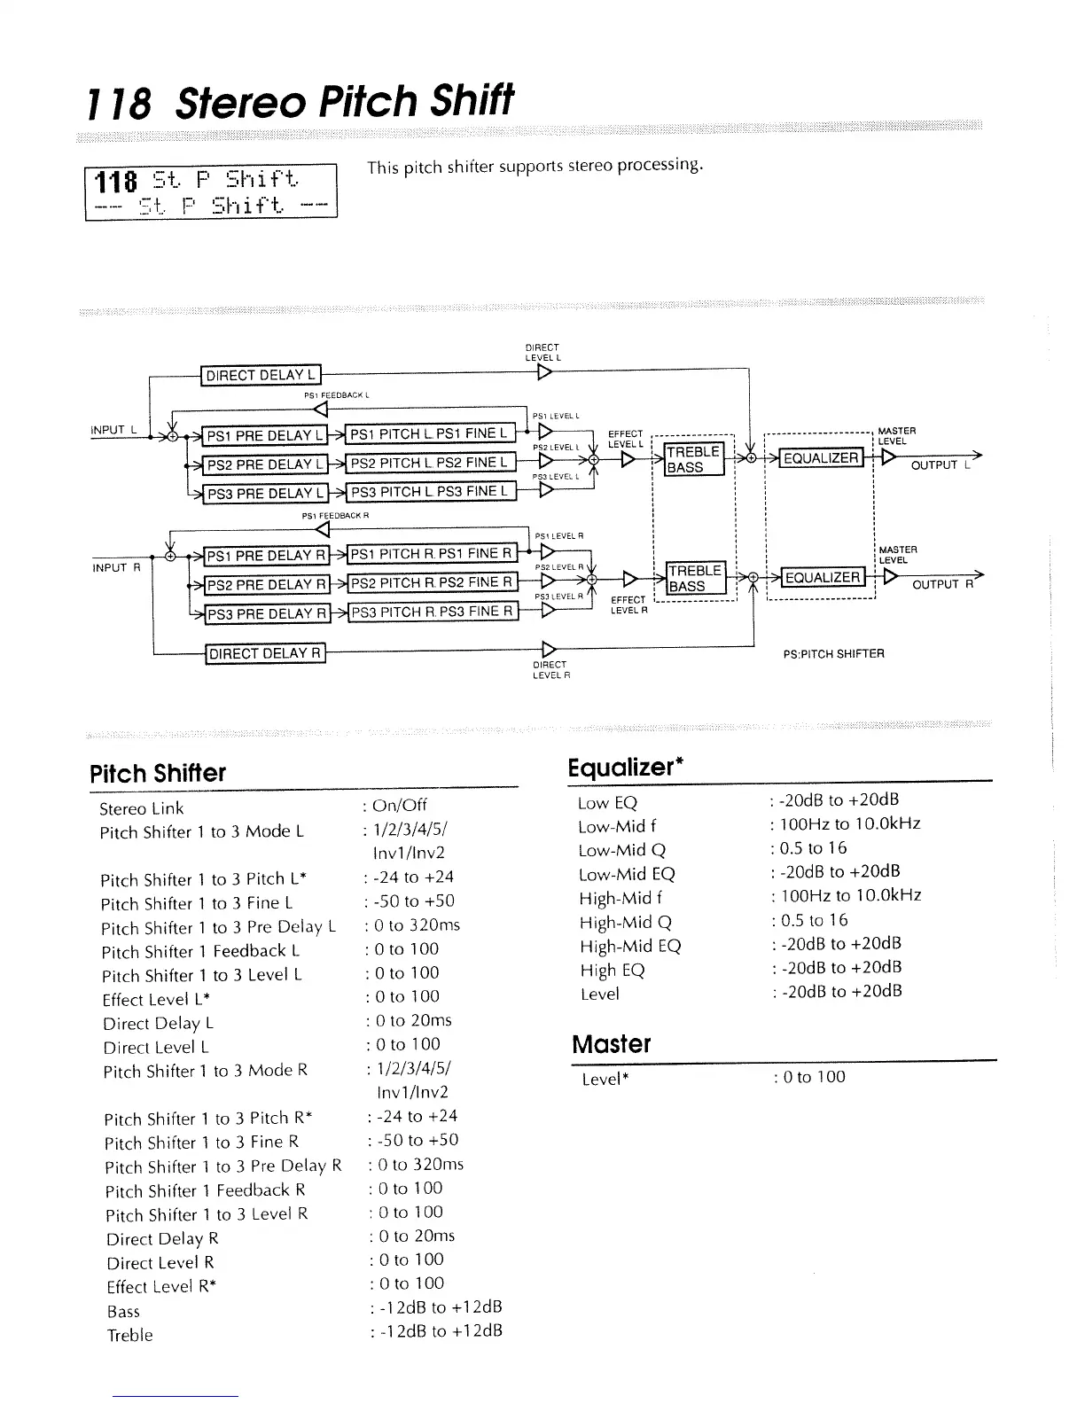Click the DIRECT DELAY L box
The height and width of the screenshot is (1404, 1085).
tap(261, 375)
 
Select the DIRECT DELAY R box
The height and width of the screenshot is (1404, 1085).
tap(265, 654)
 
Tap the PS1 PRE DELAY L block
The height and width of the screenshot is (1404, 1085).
tap(264, 435)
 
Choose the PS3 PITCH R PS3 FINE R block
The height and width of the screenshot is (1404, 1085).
tap(433, 612)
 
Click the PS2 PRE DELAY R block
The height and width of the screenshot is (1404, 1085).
tap(266, 585)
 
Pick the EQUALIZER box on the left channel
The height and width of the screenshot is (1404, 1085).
tap(821, 458)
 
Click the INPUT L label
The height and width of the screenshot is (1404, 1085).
tap(113, 430)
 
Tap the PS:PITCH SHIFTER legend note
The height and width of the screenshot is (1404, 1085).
tap(833, 654)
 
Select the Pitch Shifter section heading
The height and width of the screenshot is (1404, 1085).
tap(158, 773)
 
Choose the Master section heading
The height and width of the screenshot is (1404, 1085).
tap(612, 1044)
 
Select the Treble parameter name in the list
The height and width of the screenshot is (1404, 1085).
tap(129, 1335)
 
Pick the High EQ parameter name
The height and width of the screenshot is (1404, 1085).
tap(613, 970)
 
